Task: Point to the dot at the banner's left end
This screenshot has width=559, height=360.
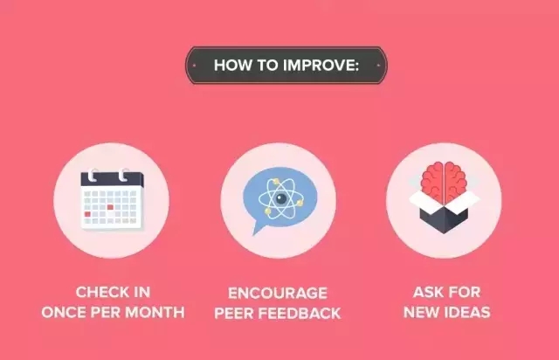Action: coord(194,66)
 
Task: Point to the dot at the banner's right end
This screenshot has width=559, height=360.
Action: coord(378,66)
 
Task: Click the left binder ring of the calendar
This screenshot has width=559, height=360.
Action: coord(93,175)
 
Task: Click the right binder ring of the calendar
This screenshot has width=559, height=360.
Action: coord(123,175)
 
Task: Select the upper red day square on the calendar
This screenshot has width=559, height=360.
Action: coord(110,207)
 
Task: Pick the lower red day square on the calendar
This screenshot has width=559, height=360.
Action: coord(87,214)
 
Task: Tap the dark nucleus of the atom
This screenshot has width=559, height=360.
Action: coord(281,198)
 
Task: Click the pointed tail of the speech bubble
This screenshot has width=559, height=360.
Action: coord(258,228)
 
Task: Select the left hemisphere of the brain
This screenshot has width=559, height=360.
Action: coord(432,182)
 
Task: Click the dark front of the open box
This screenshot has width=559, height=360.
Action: coord(444,219)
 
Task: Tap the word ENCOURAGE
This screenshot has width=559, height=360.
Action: coord(278,294)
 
